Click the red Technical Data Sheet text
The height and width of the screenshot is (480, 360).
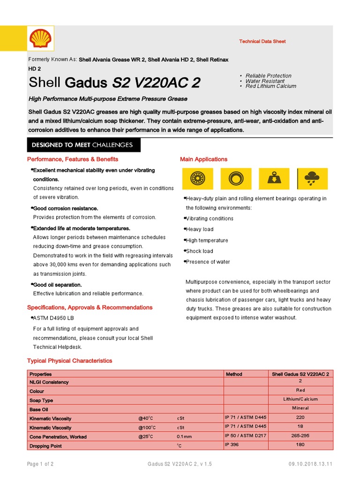[262, 42]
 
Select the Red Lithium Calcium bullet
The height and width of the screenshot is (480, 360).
[270, 86]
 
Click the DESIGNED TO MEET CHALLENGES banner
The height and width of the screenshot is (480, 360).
[82, 145]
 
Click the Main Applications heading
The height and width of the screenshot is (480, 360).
[203, 159]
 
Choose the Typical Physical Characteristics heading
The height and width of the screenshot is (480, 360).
[69, 361]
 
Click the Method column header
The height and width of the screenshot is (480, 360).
[234, 374]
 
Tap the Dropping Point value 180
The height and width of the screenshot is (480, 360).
[300, 444]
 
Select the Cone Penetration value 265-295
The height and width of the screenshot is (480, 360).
[300, 435]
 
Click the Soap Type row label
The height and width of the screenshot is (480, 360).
[41, 401]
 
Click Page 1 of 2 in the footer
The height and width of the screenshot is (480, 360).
[40, 464]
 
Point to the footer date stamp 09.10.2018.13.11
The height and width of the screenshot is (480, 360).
[311, 464]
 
